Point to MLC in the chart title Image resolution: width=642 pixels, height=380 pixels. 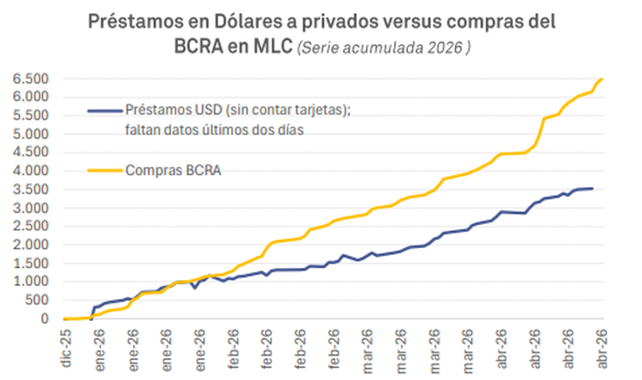click(266, 47)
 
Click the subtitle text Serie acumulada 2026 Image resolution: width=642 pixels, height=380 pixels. click(383, 48)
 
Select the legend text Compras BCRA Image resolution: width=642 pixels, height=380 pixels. click(171, 169)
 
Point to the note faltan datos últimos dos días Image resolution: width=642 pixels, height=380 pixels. click(218, 130)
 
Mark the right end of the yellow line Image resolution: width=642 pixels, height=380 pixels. click(602, 79)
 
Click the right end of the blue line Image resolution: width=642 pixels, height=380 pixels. click(592, 188)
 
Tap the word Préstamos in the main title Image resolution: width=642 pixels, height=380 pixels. click(132, 21)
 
